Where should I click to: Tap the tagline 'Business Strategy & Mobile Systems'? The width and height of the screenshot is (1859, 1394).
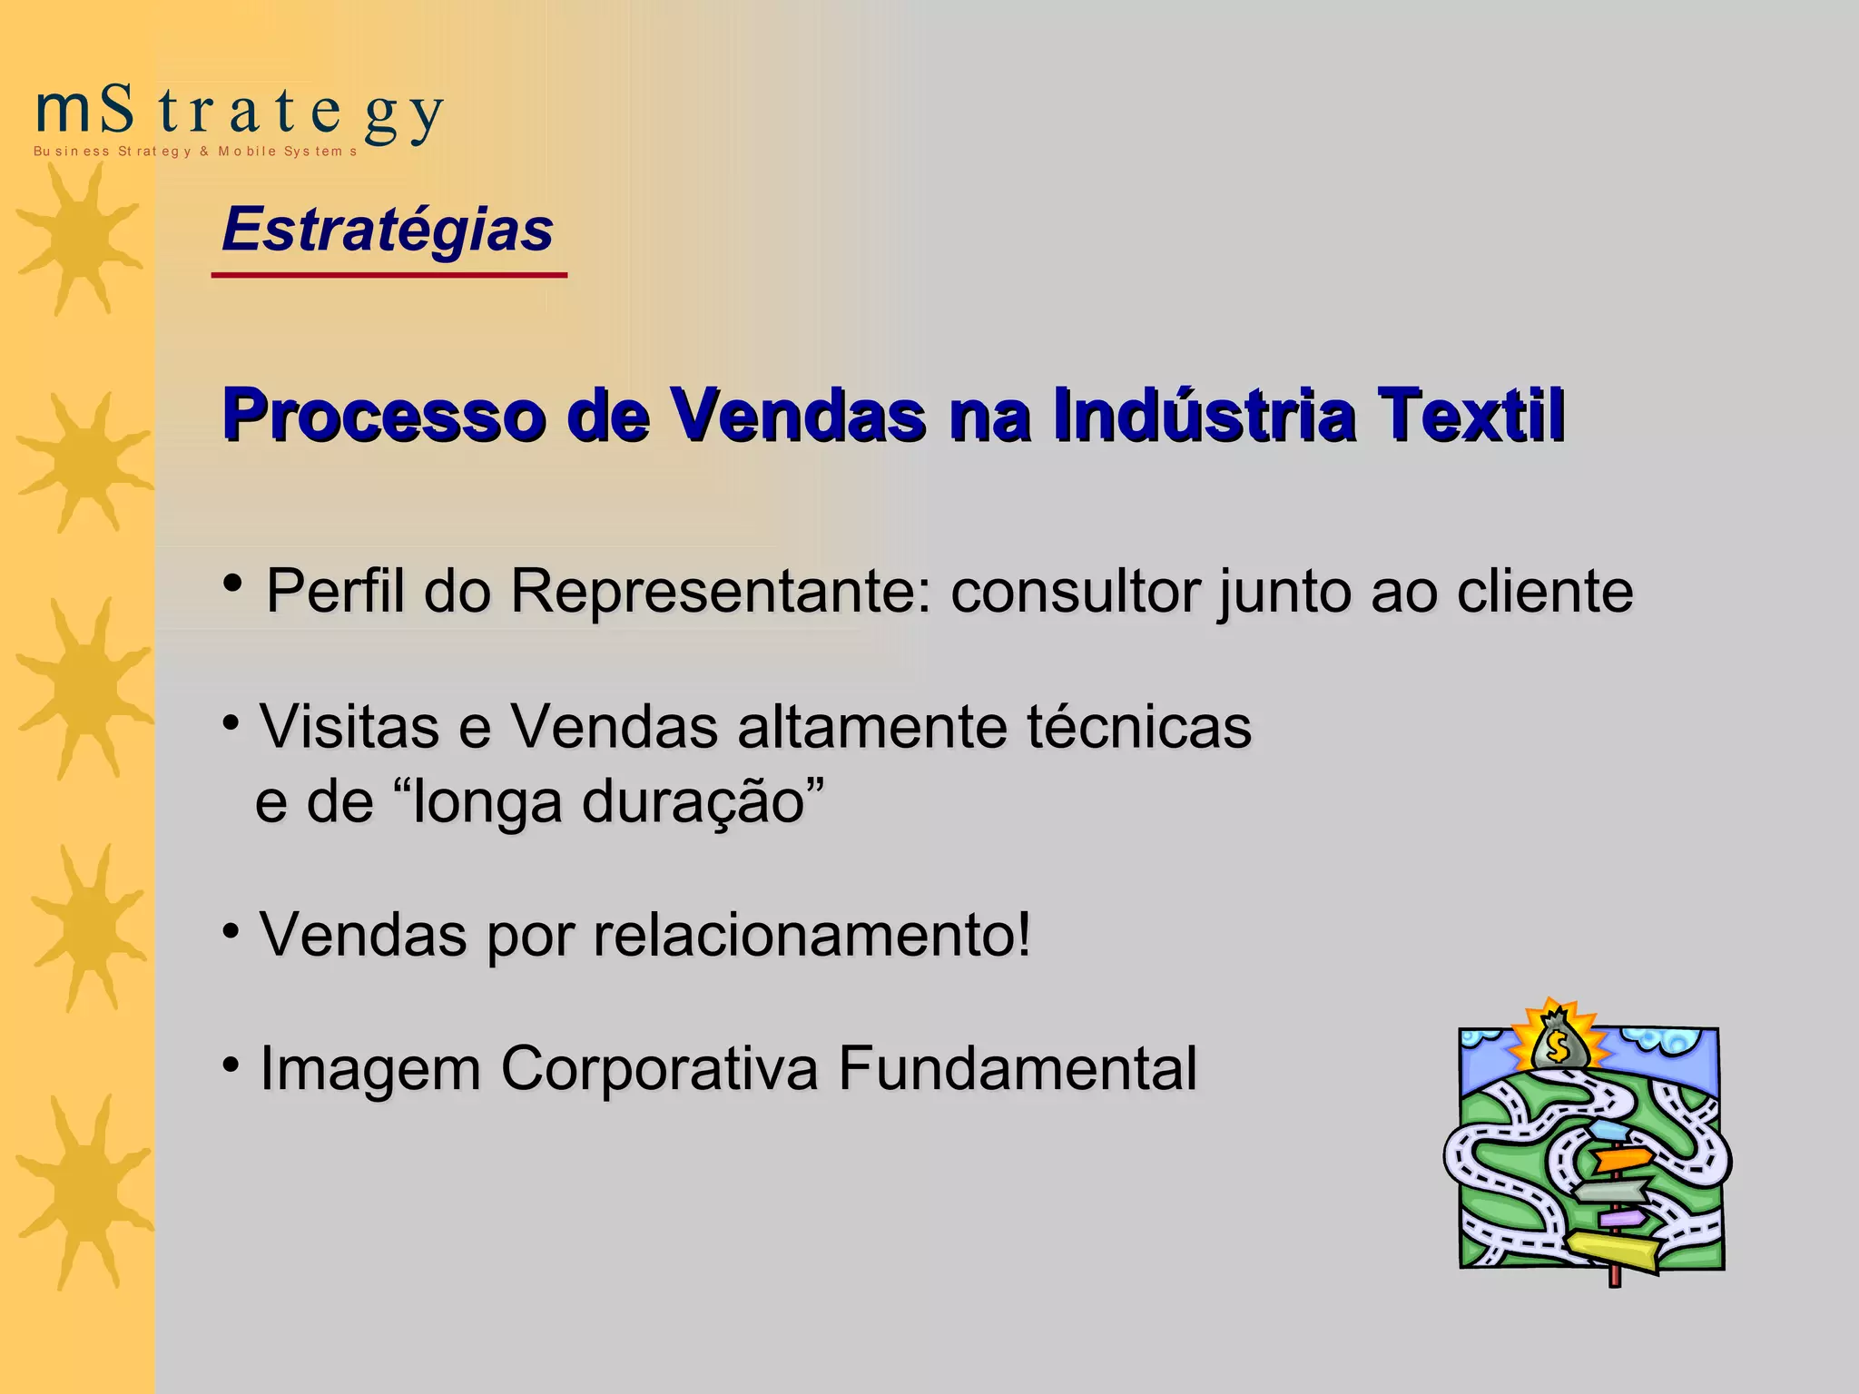tap(195, 152)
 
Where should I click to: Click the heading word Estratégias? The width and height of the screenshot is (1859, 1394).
tap(388, 229)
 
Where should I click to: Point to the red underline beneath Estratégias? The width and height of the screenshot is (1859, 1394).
tap(389, 274)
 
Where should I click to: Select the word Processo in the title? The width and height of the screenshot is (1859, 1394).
tap(384, 416)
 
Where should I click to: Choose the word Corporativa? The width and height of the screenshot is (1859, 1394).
tap(660, 1068)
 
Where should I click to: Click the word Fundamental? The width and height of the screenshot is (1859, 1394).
tap(1018, 1068)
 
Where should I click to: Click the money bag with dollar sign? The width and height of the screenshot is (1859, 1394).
tap(1559, 1044)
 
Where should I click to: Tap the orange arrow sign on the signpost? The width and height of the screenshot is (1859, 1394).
tap(1623, 1158)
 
